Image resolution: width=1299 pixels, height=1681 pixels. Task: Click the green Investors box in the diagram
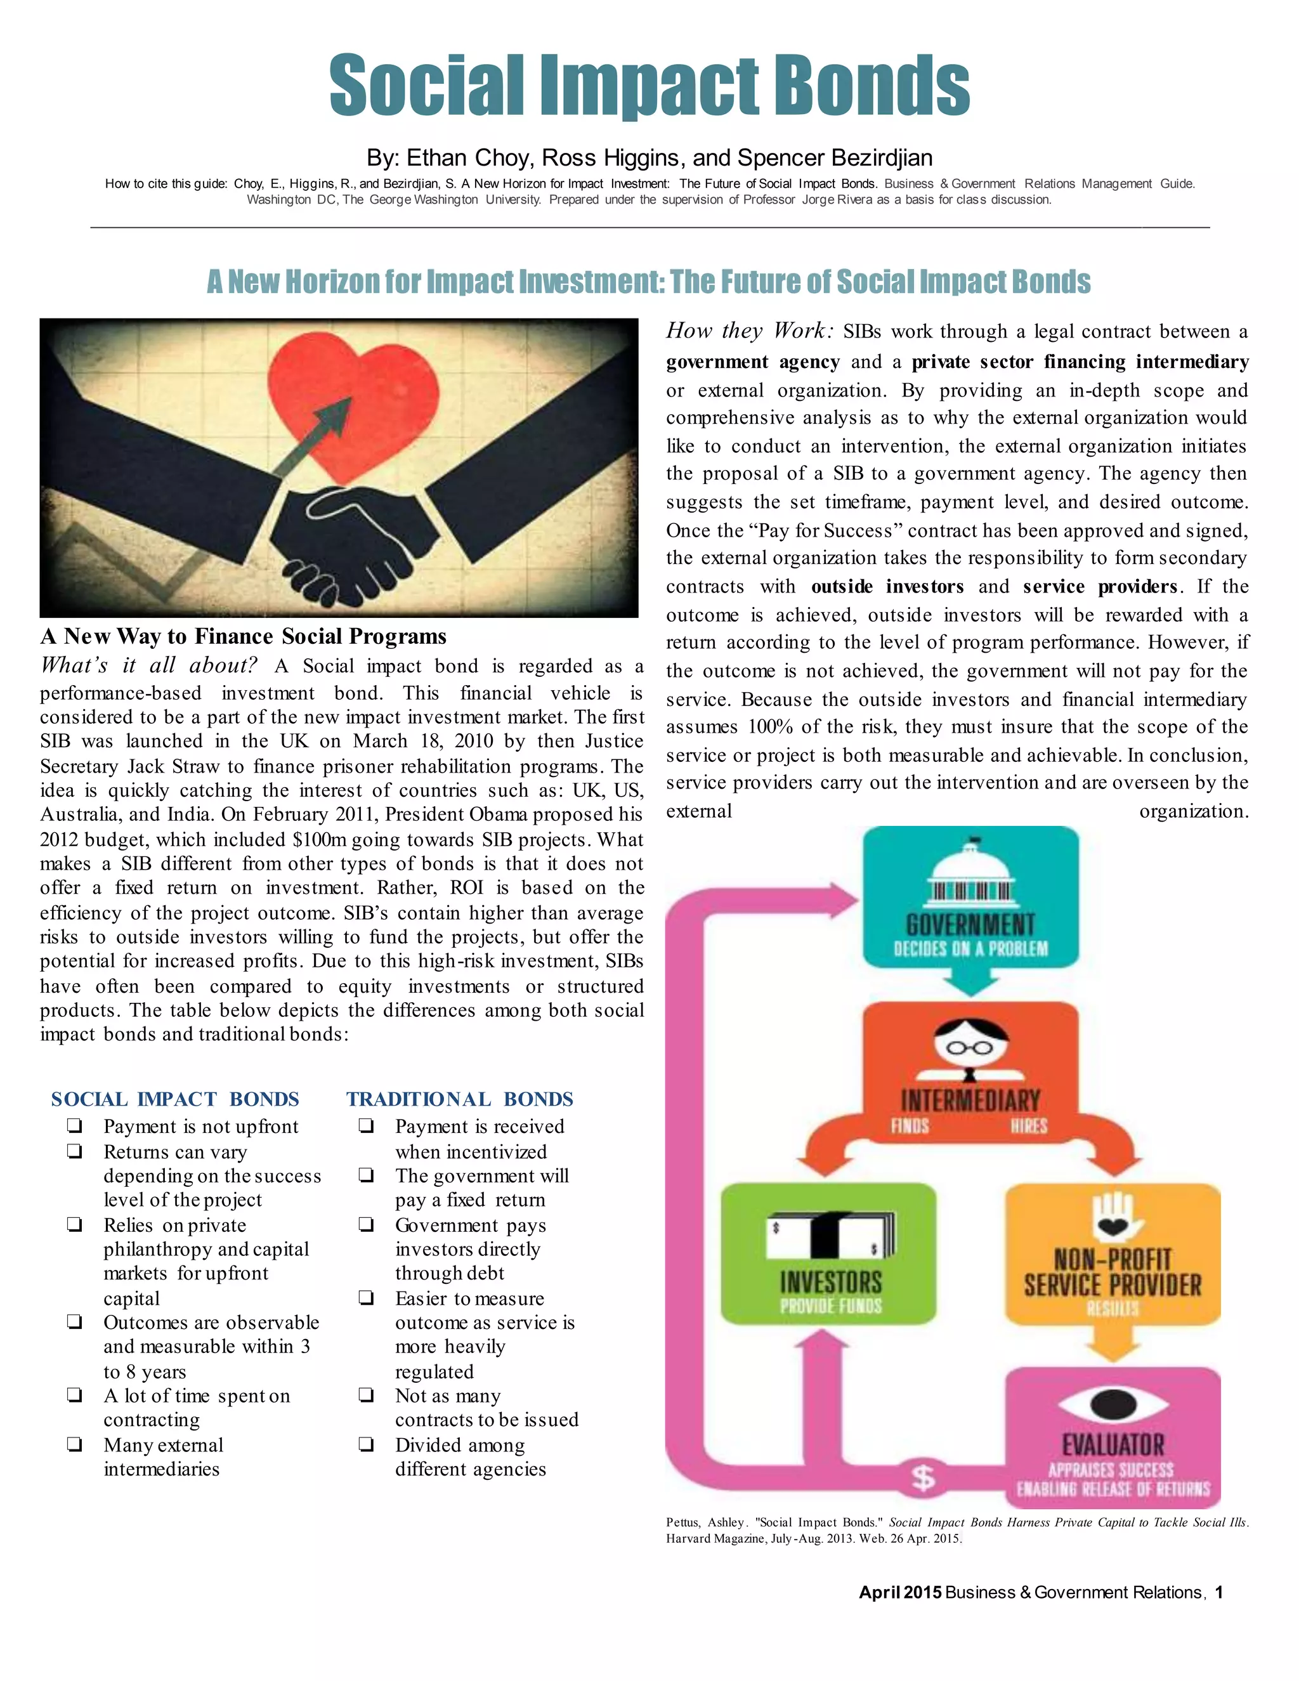pos(829,1253)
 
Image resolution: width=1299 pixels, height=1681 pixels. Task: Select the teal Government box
pos(970,898)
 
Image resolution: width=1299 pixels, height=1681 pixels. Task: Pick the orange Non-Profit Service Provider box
pos(1113,1253)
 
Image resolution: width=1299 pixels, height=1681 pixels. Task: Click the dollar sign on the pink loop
pos(923,1477)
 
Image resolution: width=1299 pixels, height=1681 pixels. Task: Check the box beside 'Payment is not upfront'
pos(75,1126)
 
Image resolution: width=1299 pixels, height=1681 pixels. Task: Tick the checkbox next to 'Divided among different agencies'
pos(367,1444)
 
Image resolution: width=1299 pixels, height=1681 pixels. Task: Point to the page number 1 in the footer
pos(1219,1592)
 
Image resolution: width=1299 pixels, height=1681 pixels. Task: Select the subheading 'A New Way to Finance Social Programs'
pos(243,636)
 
